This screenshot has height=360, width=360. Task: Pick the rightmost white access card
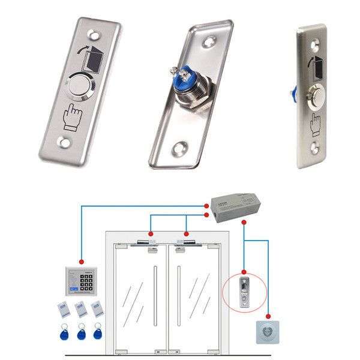(x=97, y=309)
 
